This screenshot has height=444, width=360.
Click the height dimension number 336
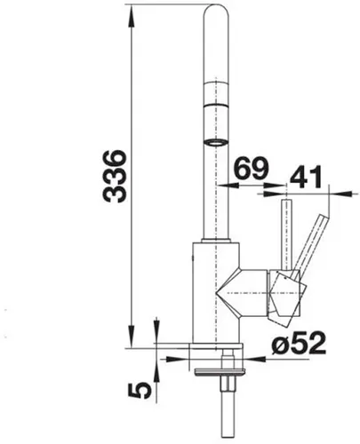pyautogui.click(x=115, y=176)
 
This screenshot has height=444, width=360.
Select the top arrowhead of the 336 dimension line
pyautogui.click(x=130, y=11)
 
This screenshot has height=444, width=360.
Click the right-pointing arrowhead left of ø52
pyautogui.click(x=184, y=358)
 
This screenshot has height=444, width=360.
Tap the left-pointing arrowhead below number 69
pyautogui.click(x=227, y=186)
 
